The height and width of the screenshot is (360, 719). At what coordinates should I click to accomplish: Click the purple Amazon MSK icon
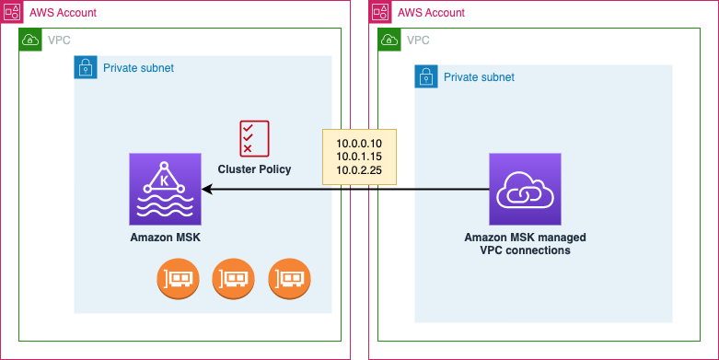(x=166, y=189)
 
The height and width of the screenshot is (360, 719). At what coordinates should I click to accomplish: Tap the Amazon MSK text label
(x=166, y=238)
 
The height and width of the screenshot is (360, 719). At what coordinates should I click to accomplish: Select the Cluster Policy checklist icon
(x=254, y=138)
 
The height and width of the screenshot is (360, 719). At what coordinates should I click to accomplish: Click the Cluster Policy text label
(x=254, y=168)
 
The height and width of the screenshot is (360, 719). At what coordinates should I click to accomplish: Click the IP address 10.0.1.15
(x=359, y=157)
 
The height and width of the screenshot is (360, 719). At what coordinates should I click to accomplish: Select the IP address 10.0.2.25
(x=359, y=169)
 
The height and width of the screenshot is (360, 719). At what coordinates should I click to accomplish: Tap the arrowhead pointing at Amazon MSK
(x=208, y=189)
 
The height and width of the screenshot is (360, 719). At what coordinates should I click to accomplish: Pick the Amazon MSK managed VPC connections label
(x=525, y=244)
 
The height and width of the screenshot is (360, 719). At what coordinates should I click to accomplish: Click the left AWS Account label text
(x=63, y=13)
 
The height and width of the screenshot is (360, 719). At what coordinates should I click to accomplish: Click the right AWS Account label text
(x=431, y=13)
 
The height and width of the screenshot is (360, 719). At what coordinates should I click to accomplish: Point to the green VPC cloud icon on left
(x=30, y=40)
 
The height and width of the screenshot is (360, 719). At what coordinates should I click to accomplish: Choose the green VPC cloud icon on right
(x=389, y=40)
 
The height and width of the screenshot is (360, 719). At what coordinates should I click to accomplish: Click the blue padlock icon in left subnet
(x=86, y=67)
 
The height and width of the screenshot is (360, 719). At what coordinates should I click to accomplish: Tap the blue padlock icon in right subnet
(x=426, y=76)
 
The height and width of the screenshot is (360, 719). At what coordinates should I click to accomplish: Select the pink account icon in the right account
(x=380, y=12)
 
